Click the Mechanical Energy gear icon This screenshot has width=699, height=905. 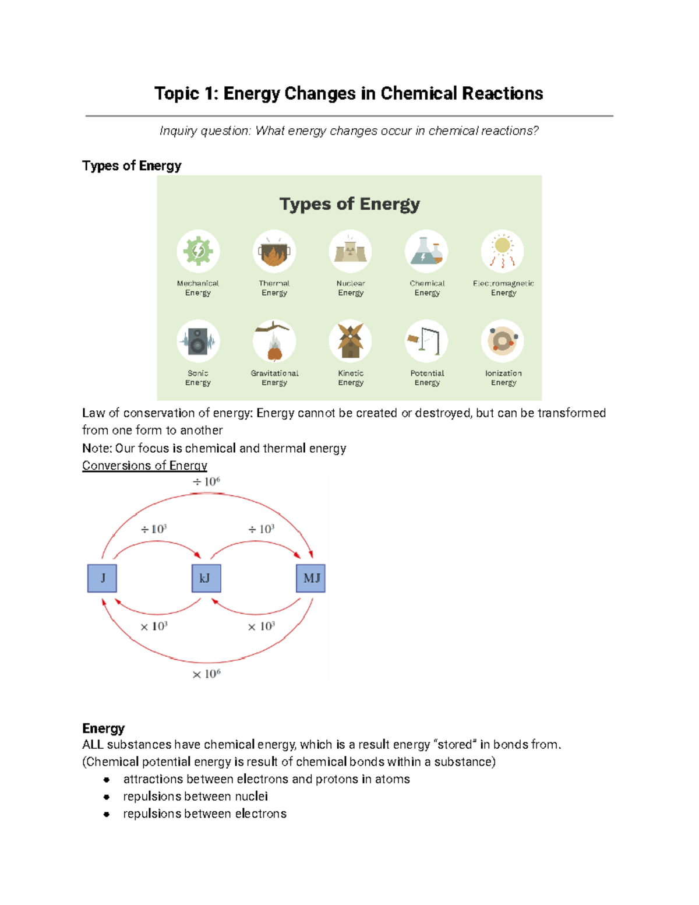(198, 251)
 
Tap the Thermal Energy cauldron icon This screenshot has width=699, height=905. (274, 251)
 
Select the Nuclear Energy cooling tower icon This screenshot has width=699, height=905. (350, 251)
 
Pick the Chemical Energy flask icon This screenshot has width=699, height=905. (426, 251)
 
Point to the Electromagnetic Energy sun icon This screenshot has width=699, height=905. (503, 251)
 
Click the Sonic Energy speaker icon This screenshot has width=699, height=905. (198, 341)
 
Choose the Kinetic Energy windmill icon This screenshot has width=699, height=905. (350, 341)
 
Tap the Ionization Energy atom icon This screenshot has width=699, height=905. (503, 341)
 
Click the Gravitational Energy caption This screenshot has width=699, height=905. (274, 378)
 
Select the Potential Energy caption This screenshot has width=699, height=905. (427, 378)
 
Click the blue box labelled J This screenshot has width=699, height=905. (103, 578)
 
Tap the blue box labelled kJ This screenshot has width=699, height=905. (206, 578)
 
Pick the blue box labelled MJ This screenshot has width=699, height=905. (311, 578)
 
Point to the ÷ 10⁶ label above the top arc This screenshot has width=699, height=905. (206, 482)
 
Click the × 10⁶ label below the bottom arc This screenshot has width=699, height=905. (206, 674)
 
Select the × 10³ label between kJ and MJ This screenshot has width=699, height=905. (261, 626)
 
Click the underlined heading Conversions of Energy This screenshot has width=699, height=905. (144, 466)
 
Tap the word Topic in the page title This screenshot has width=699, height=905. (176, 94)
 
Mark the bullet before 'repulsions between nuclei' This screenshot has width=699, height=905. (107, 797)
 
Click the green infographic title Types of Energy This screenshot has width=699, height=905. (349, 204)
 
